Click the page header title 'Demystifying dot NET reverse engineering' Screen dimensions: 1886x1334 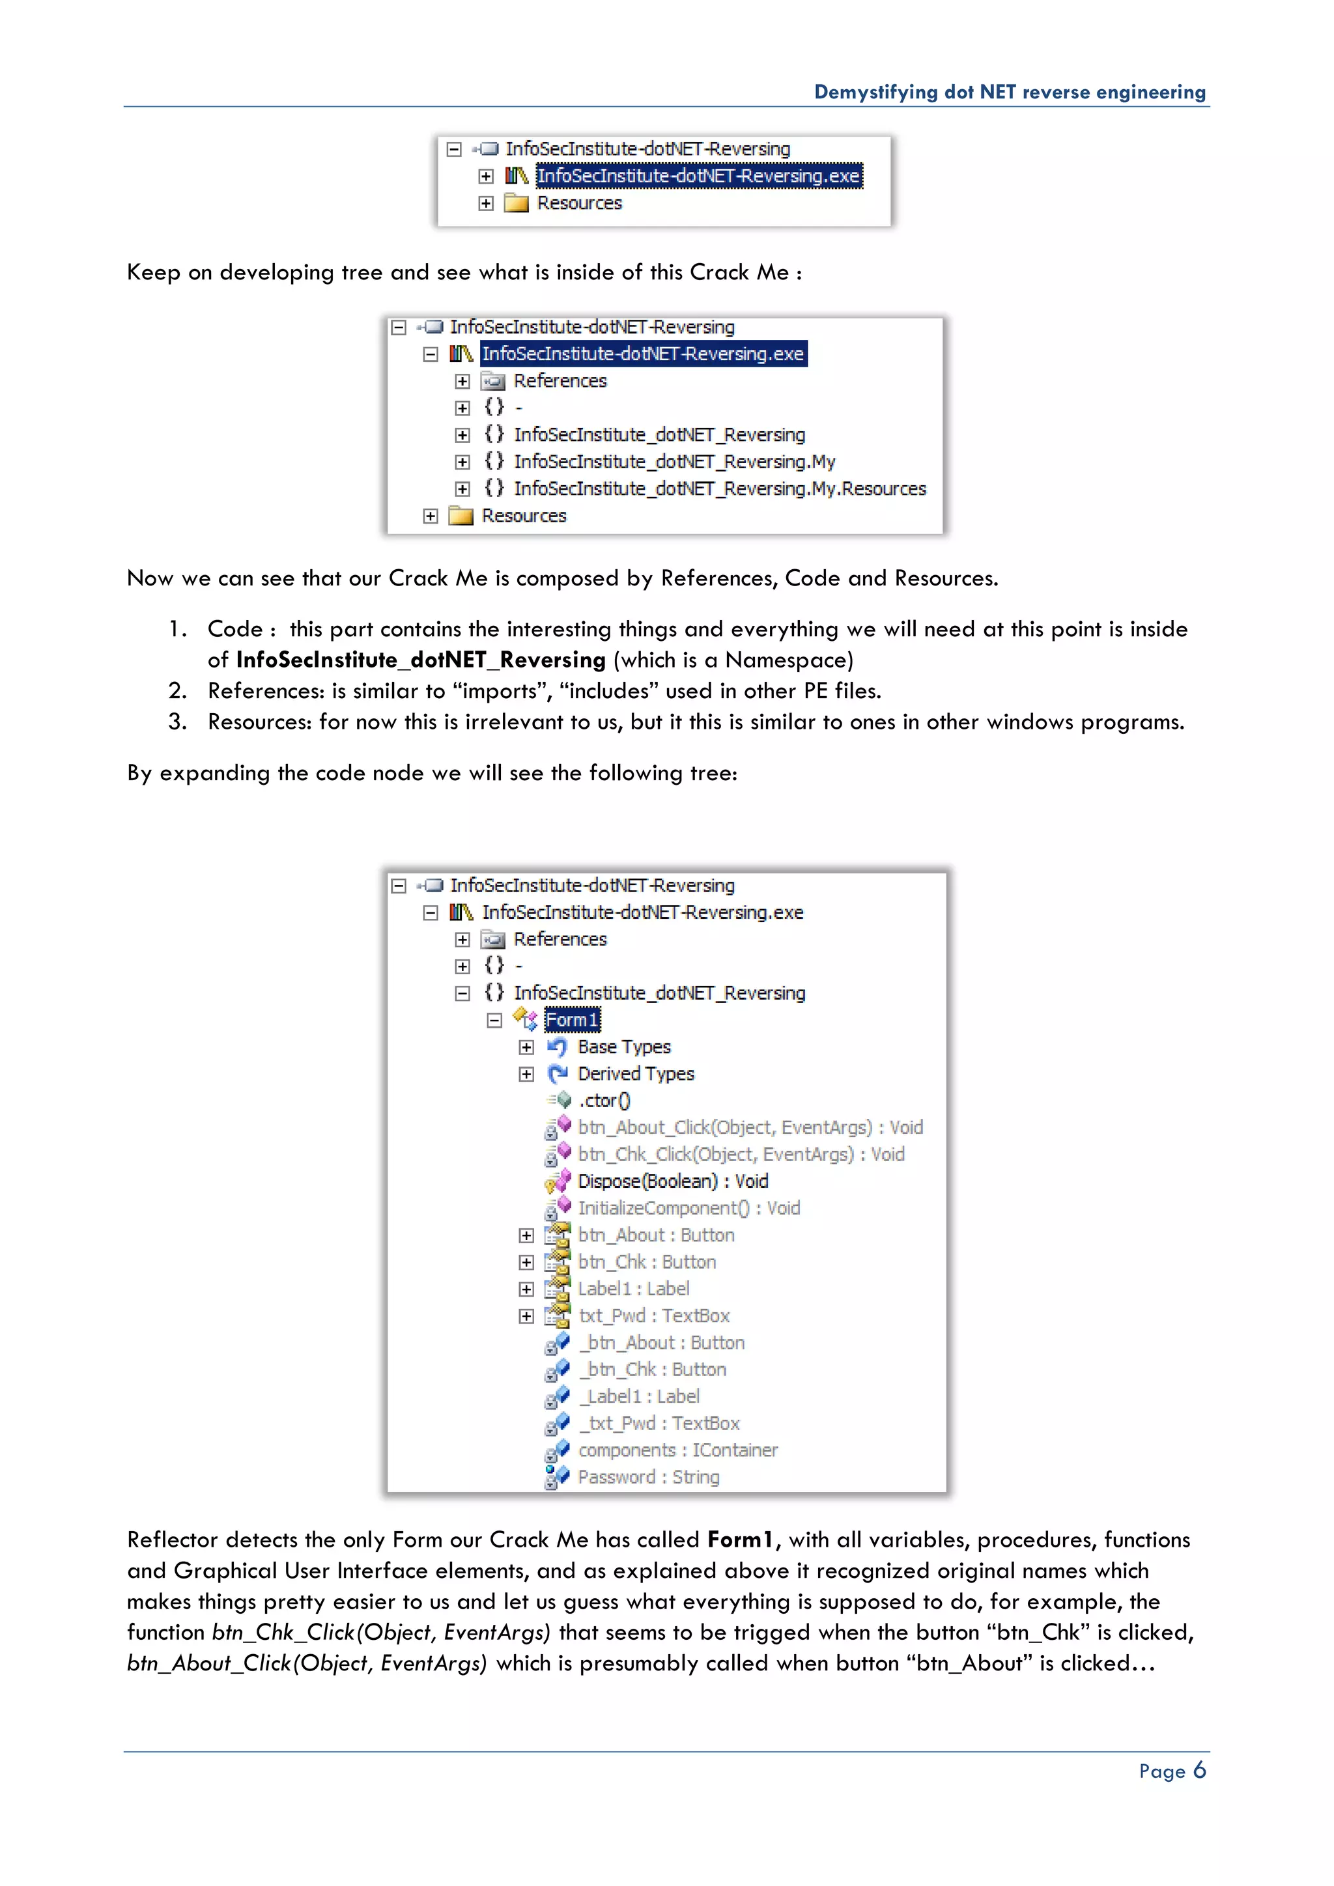coord(1009,92)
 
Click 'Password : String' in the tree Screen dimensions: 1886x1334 coord(648,1477)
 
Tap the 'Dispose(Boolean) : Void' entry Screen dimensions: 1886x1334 coord(672,1181)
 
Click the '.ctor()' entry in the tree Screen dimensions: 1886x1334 coord(604,1101)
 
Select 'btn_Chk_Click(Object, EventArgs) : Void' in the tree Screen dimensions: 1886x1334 coord(740,1154)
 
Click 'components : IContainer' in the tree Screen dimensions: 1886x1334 coord(677,1450)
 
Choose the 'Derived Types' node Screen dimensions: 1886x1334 coord(635,1074)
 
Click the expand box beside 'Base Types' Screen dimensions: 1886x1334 coord(526,1047)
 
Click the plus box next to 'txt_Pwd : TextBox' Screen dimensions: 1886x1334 coord(526,1316)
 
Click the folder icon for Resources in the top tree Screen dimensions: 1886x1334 coord(516,203)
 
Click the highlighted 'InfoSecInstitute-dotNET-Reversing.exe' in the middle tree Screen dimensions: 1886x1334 coord(642,354)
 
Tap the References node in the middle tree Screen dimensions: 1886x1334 coord(560,381)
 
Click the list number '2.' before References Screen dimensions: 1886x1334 coord(177,691)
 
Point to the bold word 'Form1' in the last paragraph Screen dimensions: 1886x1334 coord(739,1540)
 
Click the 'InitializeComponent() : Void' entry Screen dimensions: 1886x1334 coord(688,1208)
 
